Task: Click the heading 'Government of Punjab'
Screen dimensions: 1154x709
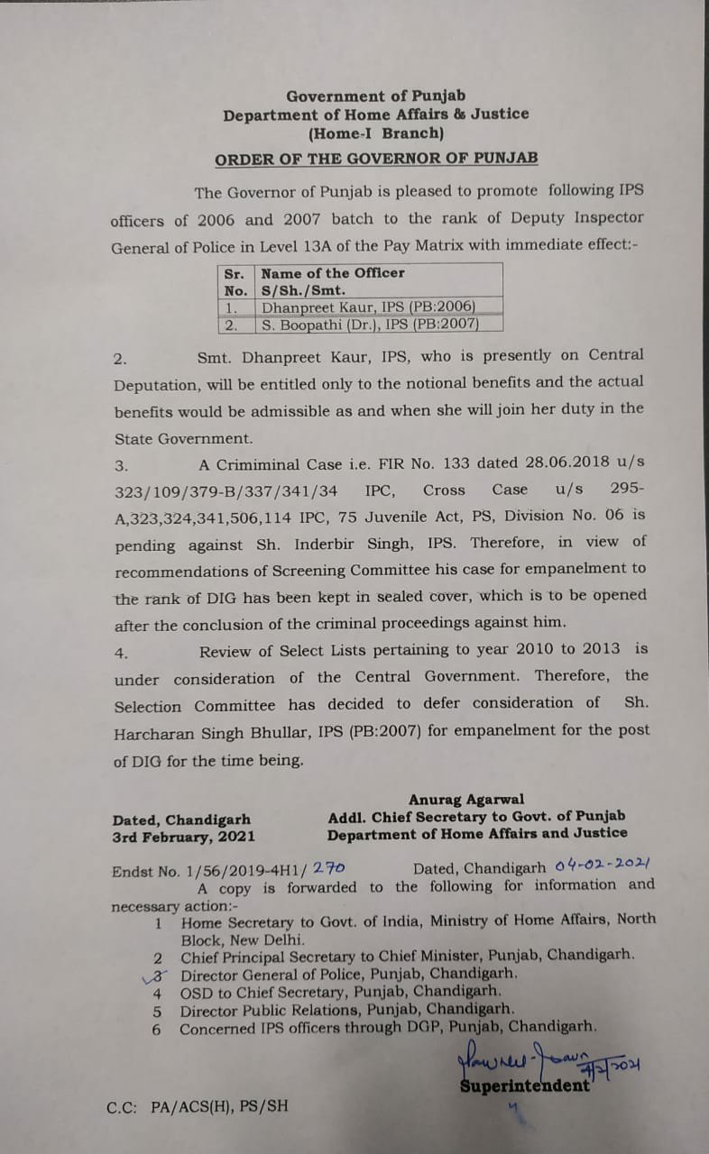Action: tap(375, 96)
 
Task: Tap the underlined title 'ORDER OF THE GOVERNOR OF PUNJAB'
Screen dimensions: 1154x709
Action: tap(375, 159)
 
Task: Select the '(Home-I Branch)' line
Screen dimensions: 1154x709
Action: tap(375, 133)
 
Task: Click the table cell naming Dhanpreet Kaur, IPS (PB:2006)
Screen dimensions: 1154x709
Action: tap(368, 307)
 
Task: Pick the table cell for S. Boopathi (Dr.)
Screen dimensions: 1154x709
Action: tap(370, 324)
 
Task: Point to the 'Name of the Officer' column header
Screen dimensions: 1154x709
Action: tap(333, 272)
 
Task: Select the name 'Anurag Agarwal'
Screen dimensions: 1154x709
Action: tap(466, 800)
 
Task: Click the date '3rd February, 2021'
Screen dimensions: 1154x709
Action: tap(184, 837)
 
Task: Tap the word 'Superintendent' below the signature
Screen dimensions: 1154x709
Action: tap(525, 1085)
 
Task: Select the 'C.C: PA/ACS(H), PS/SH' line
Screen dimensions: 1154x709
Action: tap(198, 1105)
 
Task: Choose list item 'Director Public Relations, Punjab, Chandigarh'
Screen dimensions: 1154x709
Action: tap(347, 1009)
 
